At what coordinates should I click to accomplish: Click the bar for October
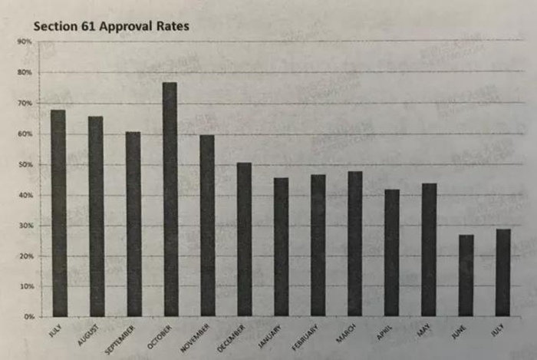coord(170,199)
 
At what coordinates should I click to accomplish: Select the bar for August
coord(96,216)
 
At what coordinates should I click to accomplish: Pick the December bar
coord(244,239)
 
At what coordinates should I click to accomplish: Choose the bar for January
coord(281,246)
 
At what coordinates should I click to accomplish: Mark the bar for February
coord(318,245)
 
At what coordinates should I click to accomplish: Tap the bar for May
coord(429,249)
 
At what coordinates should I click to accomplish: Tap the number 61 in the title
coord(84,25)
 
